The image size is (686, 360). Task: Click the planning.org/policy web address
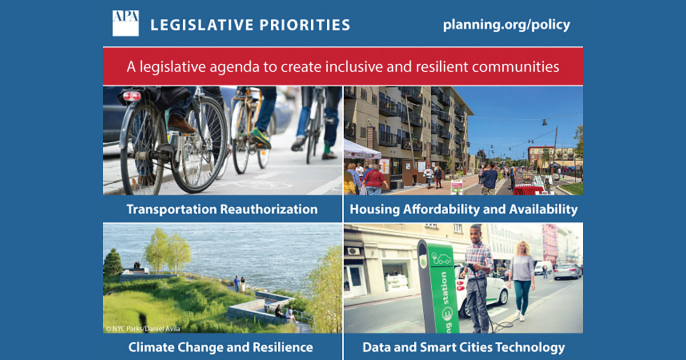pos(506,25)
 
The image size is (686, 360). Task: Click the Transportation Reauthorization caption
pos(222,209)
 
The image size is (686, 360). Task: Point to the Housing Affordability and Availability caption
pos(463,209)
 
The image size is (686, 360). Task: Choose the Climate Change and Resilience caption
pos(220,347)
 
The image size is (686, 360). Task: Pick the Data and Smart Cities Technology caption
pos(463,347)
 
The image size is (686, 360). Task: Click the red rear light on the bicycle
pos(132,95)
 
